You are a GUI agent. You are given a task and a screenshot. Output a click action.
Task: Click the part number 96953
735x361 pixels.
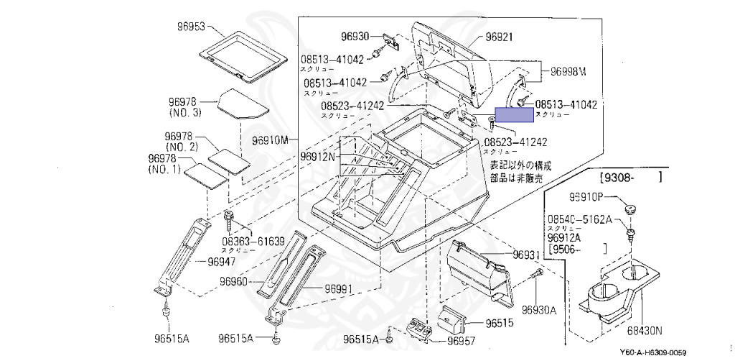pos(192,27)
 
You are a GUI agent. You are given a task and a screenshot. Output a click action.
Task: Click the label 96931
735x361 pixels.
pos(526,256)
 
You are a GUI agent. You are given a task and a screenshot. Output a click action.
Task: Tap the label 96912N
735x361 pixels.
pos(318,156)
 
